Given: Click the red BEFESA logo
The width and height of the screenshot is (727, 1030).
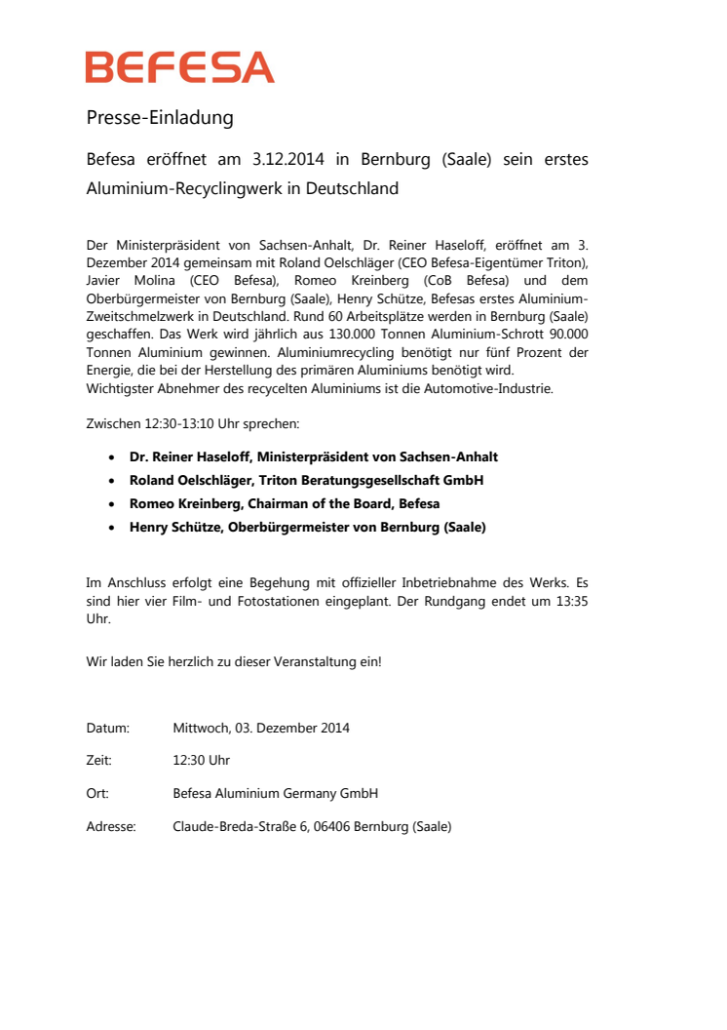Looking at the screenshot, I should click(x=179, y=67).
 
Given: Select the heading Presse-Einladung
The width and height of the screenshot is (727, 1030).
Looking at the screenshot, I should click(x=160, y=118).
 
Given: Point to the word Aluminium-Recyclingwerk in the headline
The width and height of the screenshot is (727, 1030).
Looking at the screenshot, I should click(x=183, y=188).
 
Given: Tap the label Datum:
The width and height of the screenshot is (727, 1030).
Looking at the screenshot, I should click(x=107, y=728).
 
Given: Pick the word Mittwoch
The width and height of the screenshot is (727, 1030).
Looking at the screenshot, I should click(x=199, y=728).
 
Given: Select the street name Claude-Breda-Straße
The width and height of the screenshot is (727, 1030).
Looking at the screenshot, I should click(x=235, y=827).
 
